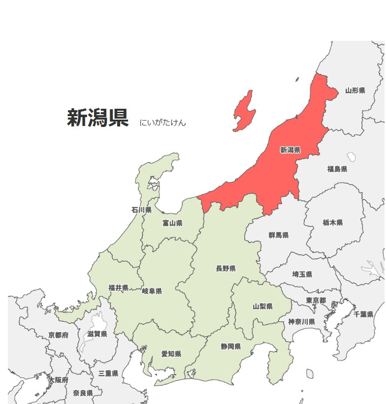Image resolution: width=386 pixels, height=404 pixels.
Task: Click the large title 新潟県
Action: pyautogui.click(x=97, y=118)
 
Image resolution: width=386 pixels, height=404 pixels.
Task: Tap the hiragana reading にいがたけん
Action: pyautogui.click(x=162, y=123)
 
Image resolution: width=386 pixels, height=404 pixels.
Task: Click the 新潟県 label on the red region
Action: pyautogui.click(x=290, y=150)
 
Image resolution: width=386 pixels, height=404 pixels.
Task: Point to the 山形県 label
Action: pyautogui.click(x=355, y=91)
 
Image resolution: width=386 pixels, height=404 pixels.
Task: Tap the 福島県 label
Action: pyautogui.click(x=337, y=169)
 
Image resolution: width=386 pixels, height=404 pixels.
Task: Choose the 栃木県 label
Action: pyautogui.click(x=333, y=222)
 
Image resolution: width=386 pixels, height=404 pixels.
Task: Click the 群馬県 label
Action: pyautogui.click(x=279, y=235)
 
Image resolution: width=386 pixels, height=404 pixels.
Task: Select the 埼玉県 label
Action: pyautogui.click(x=302, y=274)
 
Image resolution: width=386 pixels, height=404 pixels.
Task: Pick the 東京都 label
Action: pyautogui.click(x=316, y=300)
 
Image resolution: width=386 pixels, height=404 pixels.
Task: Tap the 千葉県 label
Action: pyautogui.click(x=363, y=314)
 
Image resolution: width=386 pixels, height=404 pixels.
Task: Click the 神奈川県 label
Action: pyautogui.click(x=301, y=321)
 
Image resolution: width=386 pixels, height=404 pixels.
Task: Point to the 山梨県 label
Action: pyautogui.click(x=263, y=306)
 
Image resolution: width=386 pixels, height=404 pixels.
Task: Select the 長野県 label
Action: pyautogui.click(x=225, y=268)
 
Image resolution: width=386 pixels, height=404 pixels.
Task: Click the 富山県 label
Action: pyautogui.click(x=172, y=223)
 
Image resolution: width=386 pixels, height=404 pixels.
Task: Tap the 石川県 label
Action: pyautogui.click(x=141, y=210)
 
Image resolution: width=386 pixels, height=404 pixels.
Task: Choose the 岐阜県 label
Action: pyautogui.click(x=152, y=291)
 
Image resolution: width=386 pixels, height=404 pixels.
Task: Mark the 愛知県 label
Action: pyautogui.click(x=171, y=354)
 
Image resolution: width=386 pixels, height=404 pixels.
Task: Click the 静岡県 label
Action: pyautogui.click(x=230, y=346)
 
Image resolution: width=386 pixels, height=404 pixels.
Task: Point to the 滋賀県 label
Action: pyautogui.click(x=97, y=334)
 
